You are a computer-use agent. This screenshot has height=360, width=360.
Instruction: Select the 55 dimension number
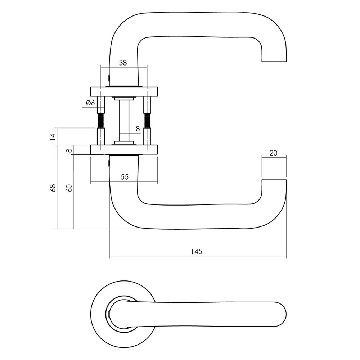point(124,177)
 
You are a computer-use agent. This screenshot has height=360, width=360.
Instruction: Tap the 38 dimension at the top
point(123,63)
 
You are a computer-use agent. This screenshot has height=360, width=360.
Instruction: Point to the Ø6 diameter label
point(90,103)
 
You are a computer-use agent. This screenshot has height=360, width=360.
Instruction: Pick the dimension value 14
point(53,136)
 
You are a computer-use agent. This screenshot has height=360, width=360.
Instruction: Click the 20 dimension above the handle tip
point(273,153)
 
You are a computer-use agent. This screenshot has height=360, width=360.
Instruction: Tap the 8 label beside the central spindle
point(138,128)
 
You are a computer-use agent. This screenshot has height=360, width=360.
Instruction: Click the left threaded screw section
point(100,120)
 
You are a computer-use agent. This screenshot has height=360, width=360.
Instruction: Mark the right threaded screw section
point(147,120)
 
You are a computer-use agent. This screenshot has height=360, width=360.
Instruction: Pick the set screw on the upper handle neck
point(109,77)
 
